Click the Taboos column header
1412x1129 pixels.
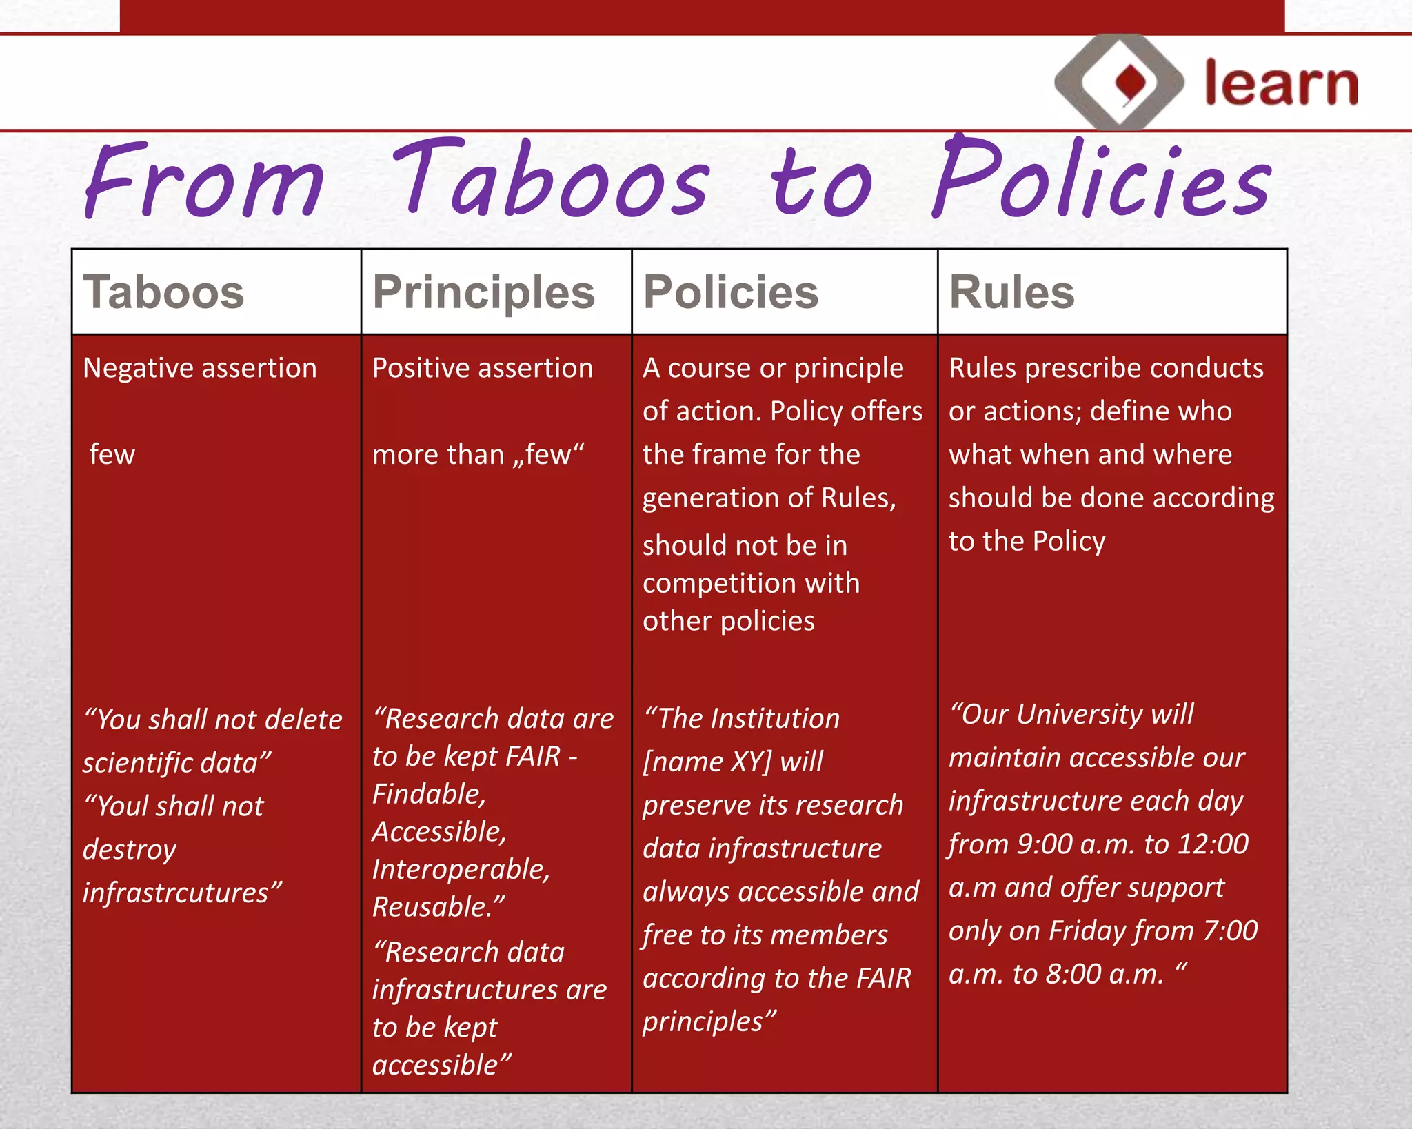163,292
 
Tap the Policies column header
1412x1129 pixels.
730,292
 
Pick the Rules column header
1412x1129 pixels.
1011,292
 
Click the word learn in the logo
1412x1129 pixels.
1281,84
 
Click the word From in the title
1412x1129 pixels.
203,181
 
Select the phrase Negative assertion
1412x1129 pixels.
200,368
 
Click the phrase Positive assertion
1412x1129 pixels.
483,368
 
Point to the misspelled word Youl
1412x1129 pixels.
123,806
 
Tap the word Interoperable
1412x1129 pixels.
461,870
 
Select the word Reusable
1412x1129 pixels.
438,907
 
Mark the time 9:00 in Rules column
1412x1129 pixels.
1044,844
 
